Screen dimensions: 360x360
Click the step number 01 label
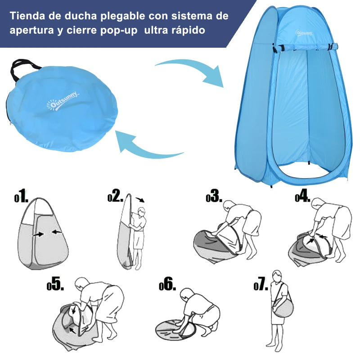21,197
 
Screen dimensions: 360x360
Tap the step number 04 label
302,197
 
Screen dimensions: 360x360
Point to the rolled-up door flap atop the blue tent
306,46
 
